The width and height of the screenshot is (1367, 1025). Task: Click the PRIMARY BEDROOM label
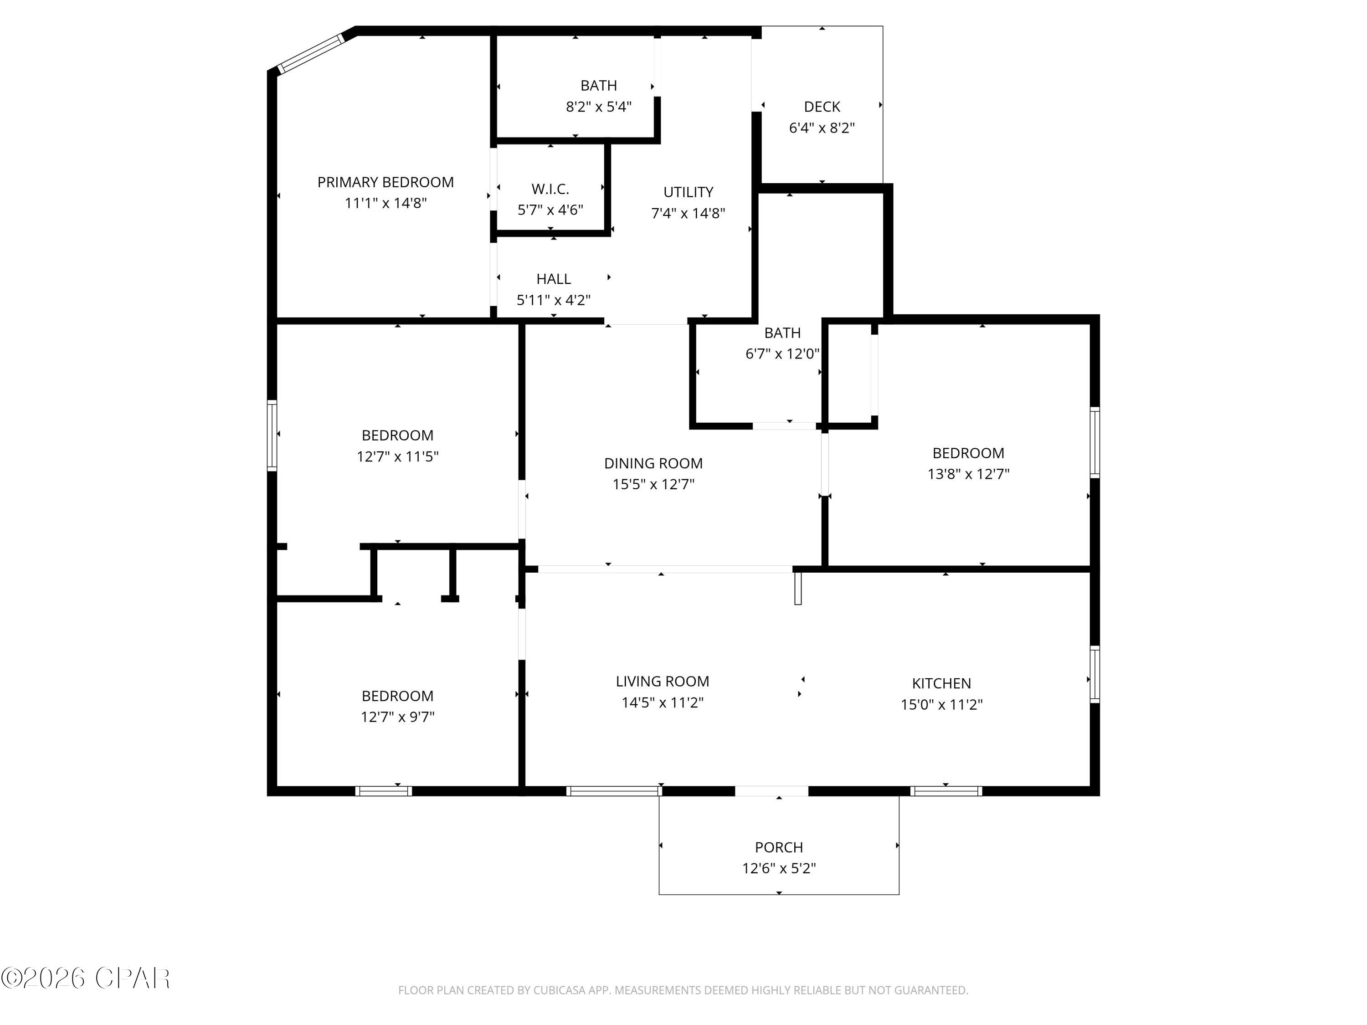(385, 182)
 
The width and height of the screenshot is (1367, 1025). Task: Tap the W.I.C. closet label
(550, 189)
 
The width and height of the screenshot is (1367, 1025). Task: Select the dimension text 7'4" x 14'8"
(688, 213)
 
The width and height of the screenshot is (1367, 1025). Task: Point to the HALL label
(553, 279)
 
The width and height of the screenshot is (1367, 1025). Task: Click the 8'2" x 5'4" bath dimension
(598, 107)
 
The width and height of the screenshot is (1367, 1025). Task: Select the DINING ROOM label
(653, 463)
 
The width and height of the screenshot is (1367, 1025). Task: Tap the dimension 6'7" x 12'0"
(782, 354)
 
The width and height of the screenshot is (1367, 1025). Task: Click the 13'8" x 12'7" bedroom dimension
(968, 474)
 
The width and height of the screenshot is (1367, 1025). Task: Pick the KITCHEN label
(941, 683)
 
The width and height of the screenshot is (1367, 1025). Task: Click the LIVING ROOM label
(662, 682)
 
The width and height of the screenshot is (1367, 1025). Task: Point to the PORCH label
(779, 847)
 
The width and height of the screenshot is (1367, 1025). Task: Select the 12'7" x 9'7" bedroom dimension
(397, 717)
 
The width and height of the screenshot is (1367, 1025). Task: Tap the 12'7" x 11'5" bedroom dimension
(397, 456)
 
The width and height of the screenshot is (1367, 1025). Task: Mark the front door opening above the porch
(771, 791)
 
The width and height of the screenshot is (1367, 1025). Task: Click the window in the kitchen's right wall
(1095, 674)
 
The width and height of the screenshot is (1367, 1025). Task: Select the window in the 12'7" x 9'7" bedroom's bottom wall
(383, 791)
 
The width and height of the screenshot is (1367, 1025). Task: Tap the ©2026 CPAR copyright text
(85, 979)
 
